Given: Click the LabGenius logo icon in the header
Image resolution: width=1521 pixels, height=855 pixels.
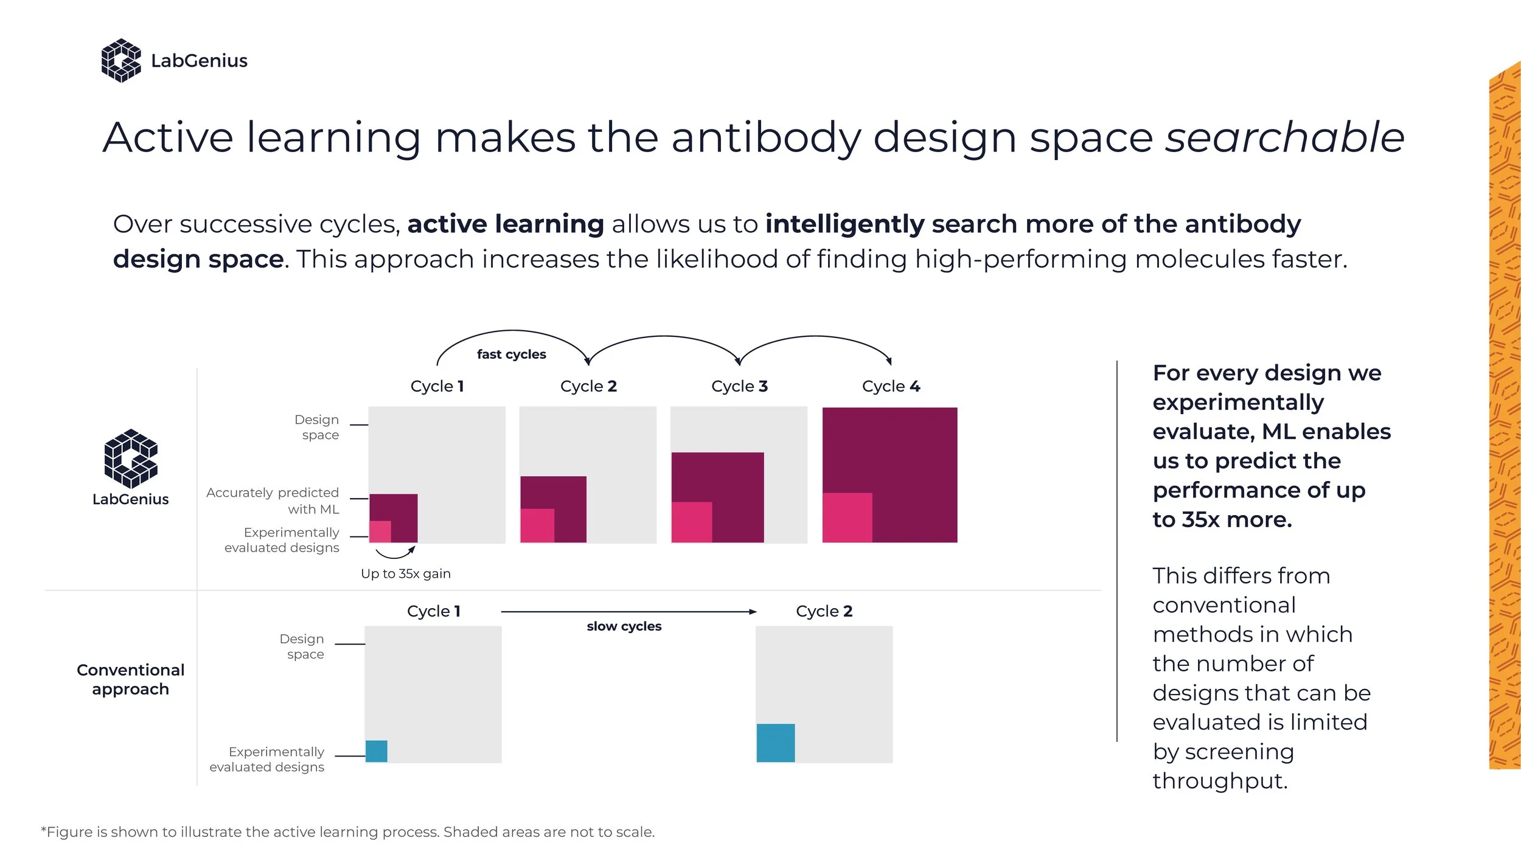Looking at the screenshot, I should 121,60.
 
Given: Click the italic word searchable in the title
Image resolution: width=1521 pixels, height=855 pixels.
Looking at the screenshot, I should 1284,137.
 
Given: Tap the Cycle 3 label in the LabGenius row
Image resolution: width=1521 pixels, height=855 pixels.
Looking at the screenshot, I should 739,386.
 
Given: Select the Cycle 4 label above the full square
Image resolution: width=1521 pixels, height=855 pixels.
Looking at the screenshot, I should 891,386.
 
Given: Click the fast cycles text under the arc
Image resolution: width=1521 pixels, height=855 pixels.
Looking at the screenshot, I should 511,354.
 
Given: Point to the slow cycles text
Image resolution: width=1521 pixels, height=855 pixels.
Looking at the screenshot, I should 624,626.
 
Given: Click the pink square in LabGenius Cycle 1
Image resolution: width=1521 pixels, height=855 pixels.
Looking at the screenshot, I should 380,531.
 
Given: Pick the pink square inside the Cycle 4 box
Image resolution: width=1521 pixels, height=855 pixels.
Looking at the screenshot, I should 847,517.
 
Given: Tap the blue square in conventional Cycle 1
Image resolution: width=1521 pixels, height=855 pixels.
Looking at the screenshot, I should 377,751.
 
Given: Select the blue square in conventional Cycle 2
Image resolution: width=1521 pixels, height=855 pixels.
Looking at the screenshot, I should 776,742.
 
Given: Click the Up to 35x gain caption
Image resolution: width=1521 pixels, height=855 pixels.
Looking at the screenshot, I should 406,573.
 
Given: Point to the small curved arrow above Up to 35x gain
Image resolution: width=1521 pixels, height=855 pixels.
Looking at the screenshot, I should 395,553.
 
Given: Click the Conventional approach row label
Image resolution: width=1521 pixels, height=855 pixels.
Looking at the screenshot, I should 130,679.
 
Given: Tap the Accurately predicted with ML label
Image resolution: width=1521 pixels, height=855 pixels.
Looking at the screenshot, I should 273,500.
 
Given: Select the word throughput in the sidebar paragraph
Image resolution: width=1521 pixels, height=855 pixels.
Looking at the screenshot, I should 1220,781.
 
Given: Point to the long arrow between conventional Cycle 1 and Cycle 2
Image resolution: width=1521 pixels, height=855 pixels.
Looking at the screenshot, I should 628,612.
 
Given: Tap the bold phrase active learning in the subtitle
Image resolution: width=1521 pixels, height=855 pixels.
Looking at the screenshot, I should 506,224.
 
